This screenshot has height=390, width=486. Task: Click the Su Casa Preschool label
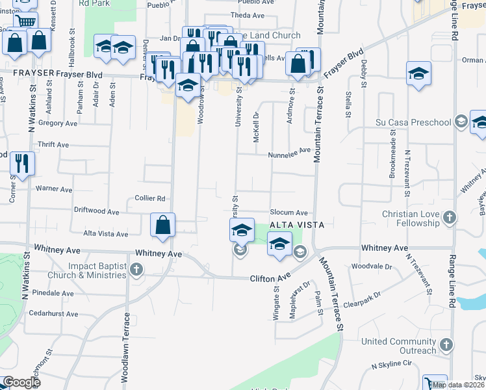click(413, 122)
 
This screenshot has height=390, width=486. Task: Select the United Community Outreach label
click(399, 346)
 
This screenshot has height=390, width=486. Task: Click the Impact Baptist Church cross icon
click(136, 268)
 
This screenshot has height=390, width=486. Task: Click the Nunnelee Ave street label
click(290, 155)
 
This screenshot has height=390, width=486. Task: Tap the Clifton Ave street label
click(270, 278)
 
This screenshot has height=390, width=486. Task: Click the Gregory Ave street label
click(58, 123)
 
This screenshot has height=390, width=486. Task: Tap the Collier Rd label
click(150, 198)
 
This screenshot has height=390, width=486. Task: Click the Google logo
click(21, 382)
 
